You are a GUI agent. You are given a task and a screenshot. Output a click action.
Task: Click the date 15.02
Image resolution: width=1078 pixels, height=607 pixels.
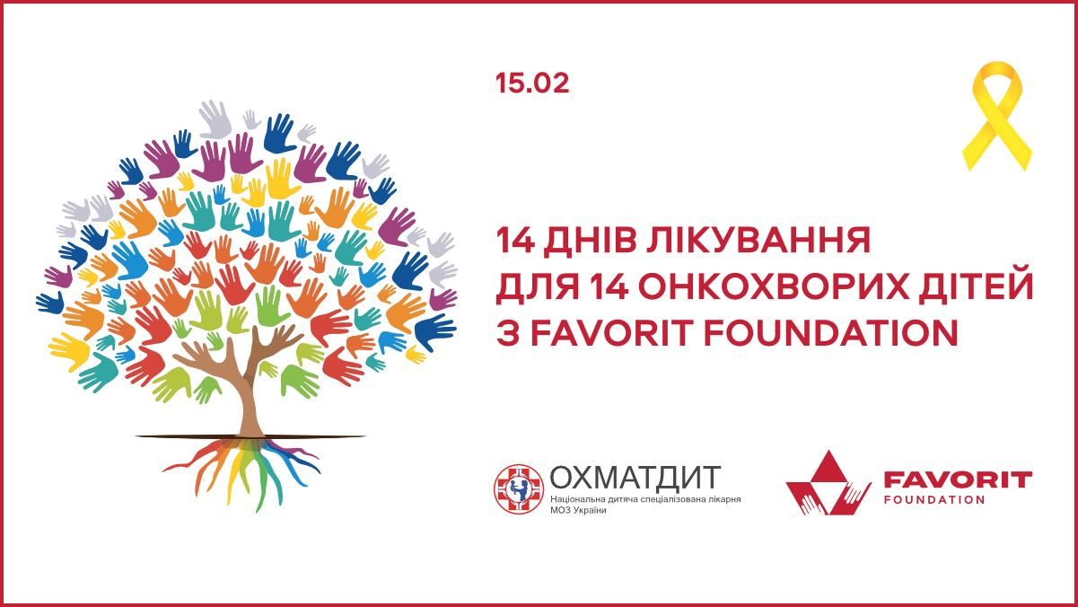(532, 84)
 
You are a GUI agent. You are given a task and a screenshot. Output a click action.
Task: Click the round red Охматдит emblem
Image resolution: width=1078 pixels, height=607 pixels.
(519, 488)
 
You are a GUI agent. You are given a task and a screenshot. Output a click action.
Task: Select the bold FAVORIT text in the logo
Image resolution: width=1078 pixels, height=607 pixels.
(957, 479)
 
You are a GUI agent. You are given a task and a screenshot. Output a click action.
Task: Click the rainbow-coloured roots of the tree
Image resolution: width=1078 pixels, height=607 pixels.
(241, 467)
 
